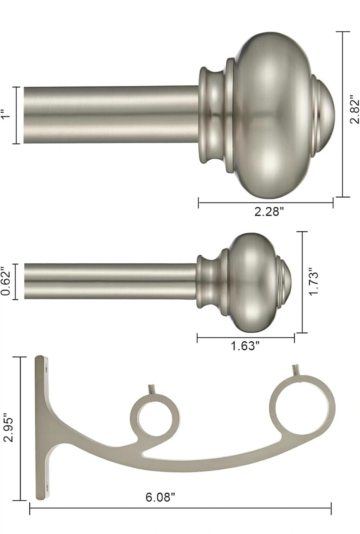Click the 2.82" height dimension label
click(354, 109)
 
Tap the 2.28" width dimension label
click(269, 211)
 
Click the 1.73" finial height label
click(314, 282)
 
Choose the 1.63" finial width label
click(245, 346)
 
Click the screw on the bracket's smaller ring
click(152, 390)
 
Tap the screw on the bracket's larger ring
click(296, 370)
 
